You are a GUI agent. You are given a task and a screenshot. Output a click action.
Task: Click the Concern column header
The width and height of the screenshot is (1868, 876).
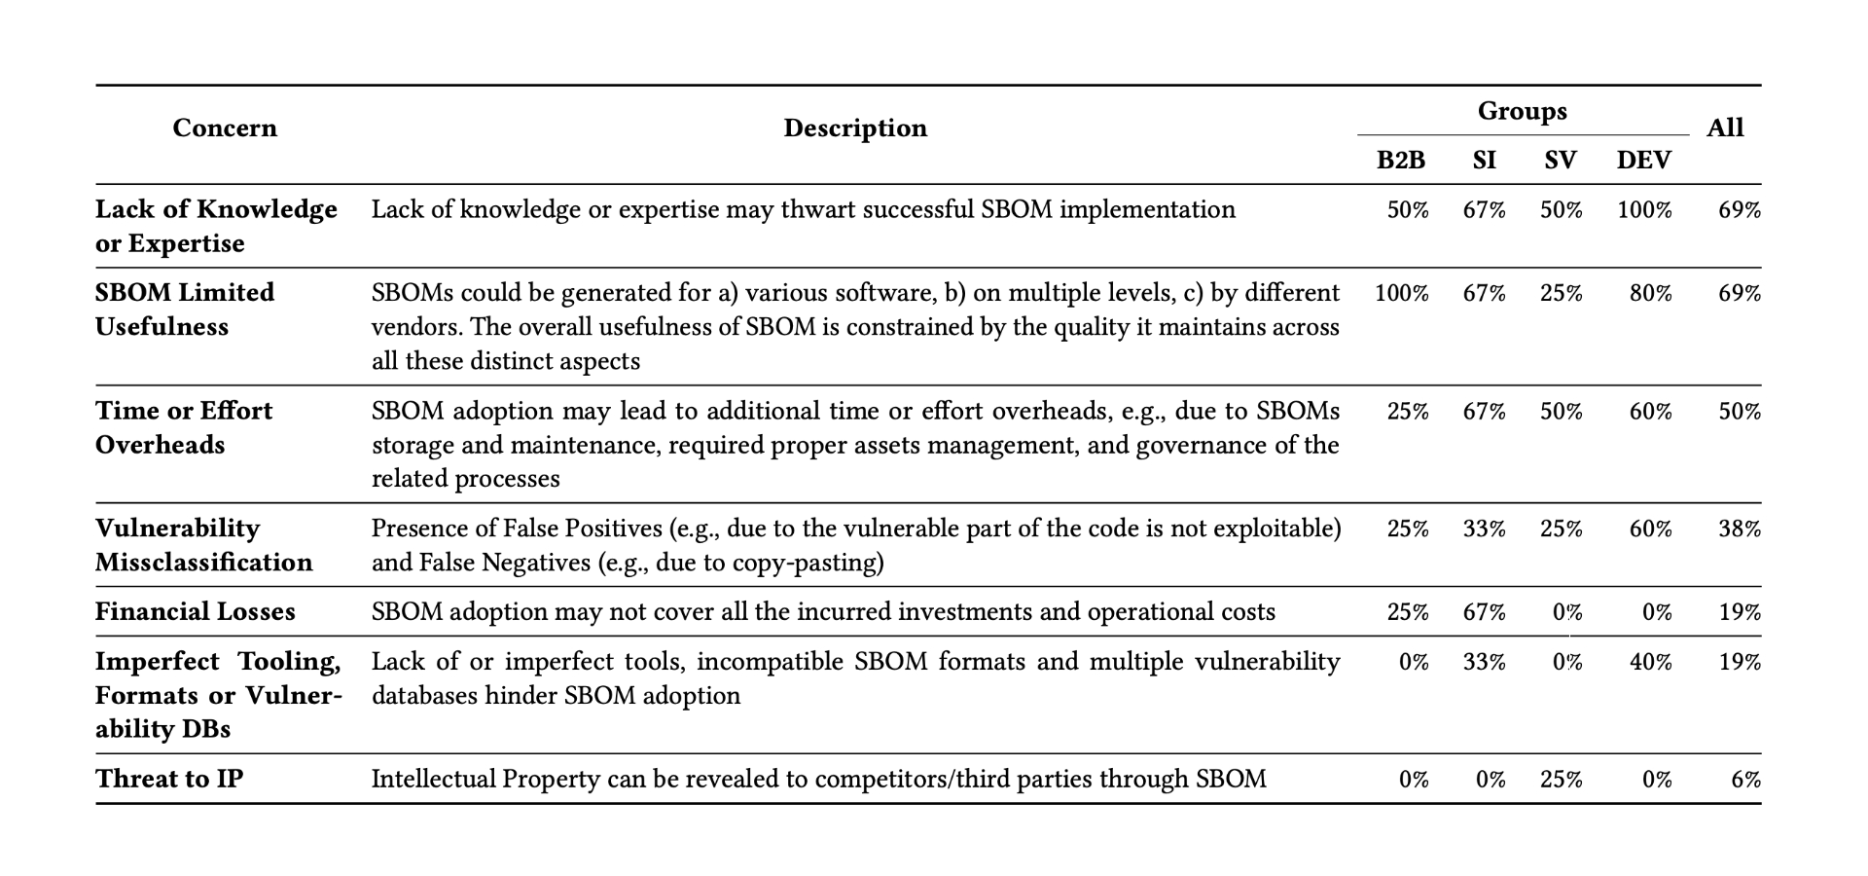point(225,128)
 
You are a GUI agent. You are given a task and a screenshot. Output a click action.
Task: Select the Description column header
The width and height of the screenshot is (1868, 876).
point(855,128)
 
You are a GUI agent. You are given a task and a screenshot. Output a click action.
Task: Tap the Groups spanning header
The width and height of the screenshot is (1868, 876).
point(1522,111)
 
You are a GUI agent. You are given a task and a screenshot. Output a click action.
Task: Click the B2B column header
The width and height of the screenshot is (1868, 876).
point(1400,161)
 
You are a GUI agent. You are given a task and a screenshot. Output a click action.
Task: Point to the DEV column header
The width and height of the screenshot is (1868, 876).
point(1643,161)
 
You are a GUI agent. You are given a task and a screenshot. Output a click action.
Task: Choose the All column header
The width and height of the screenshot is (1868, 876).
point(1725,128)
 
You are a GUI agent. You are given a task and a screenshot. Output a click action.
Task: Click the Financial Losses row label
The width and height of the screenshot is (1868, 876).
point(195,611)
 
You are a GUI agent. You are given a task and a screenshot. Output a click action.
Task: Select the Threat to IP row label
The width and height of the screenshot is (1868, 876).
point(169,779)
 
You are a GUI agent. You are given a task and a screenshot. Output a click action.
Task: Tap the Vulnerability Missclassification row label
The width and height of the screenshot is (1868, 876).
point(203,545)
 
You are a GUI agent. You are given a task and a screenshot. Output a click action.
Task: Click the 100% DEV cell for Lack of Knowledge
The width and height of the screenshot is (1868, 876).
point(1644,210)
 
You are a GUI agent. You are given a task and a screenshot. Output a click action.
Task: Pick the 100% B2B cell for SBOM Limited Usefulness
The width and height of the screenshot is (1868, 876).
point(1401,293)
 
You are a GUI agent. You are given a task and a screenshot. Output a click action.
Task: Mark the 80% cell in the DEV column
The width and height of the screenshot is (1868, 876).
point(1650,293)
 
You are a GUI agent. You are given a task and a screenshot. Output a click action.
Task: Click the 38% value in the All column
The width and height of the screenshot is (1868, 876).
point(1739,529)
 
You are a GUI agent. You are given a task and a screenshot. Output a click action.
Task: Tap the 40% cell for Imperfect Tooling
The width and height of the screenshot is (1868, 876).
point(1650,662)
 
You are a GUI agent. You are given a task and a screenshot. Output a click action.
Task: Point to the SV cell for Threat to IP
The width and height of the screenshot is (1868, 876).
point(1561,780)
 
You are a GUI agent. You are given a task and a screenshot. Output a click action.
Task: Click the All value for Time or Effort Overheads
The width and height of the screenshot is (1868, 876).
point(1739,411)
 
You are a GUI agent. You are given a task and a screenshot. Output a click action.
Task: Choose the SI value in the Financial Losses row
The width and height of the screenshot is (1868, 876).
point(1484,612)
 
